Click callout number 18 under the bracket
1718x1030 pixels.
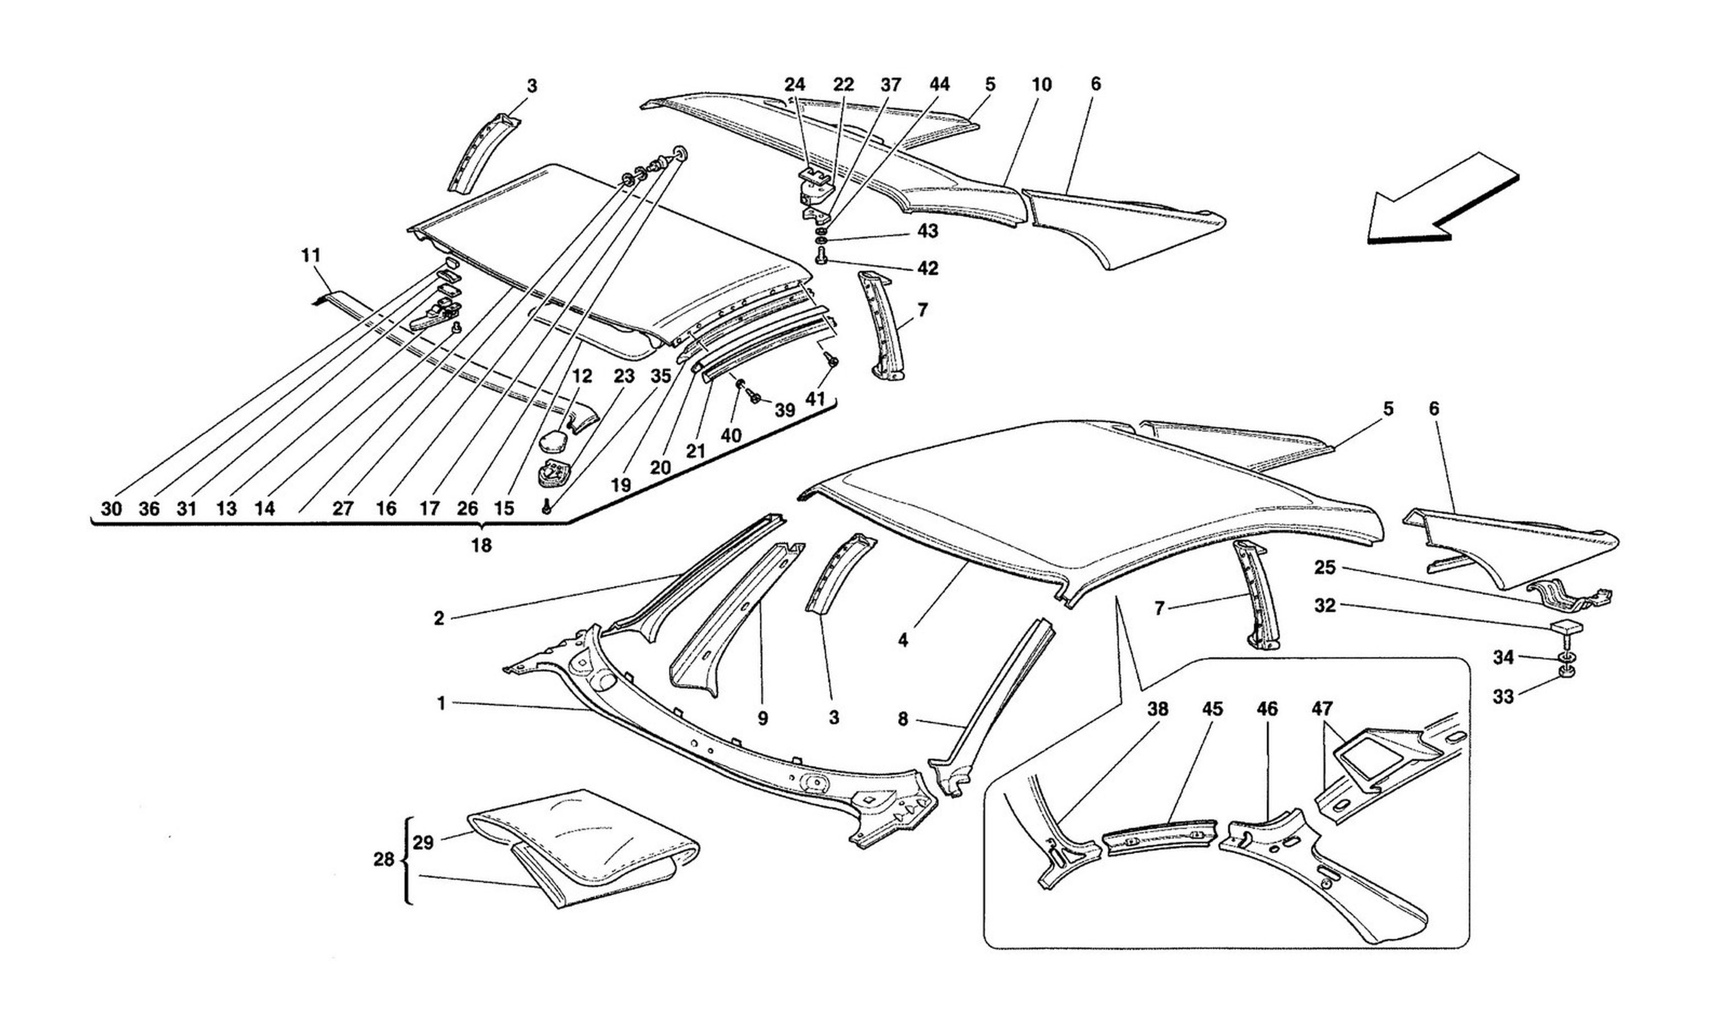tap(481, 545)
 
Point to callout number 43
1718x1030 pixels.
tap(928, 231)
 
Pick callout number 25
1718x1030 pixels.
tap(1324, 568)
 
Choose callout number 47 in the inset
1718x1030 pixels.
tap(1322, 709)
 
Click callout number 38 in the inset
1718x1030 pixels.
tap(1158, 709)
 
